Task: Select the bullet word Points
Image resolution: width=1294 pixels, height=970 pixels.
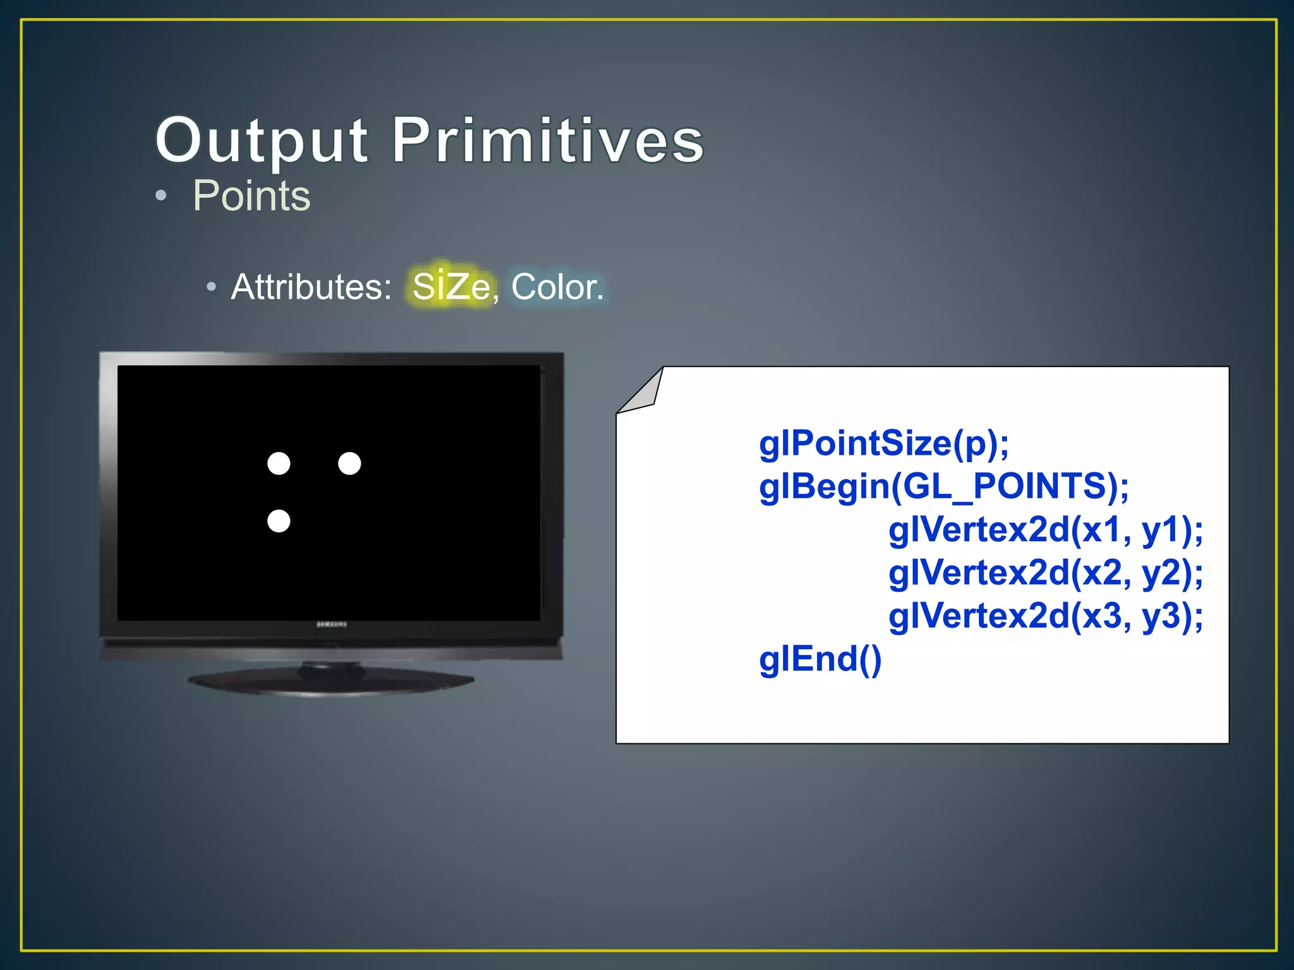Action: coord(251,196)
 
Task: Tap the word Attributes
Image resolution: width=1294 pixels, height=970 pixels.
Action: coord(311,287)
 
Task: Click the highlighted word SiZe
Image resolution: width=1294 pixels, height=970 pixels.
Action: coord(451,287)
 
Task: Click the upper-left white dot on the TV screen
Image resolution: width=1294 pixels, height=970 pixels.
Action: coord(279,464)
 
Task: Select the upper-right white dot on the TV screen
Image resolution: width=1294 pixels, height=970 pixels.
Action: coord(349,464)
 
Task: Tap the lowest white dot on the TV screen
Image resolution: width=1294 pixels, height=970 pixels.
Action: coord(279,521)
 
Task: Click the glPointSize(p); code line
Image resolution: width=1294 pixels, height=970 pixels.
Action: coord(884,443)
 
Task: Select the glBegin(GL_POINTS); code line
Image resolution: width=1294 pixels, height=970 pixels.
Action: coord(944,486)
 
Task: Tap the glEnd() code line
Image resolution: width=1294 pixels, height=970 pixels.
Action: coord(820,659)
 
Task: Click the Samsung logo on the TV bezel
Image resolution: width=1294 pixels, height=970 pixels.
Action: coord(331,625)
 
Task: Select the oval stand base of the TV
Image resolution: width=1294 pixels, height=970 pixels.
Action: coord(331,682)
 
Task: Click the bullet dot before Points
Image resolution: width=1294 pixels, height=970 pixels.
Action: coord(161,196)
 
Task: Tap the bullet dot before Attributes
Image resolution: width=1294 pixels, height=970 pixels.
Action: coord(211,287)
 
